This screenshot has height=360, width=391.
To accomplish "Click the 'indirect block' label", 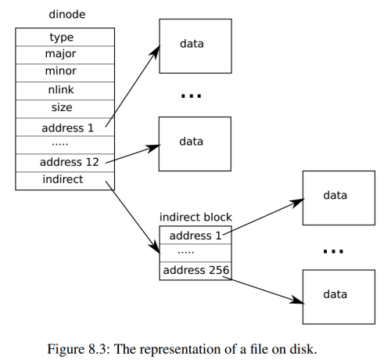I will (195, 217).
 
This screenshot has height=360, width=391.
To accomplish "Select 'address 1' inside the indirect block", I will (195, 235).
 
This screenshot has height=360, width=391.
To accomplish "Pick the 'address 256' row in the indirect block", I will (195, 271).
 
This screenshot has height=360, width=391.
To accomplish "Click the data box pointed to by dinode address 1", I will (195, 45).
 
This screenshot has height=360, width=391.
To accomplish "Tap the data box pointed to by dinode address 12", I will (195, 143).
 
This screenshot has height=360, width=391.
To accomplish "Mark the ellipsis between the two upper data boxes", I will (192, 95).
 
